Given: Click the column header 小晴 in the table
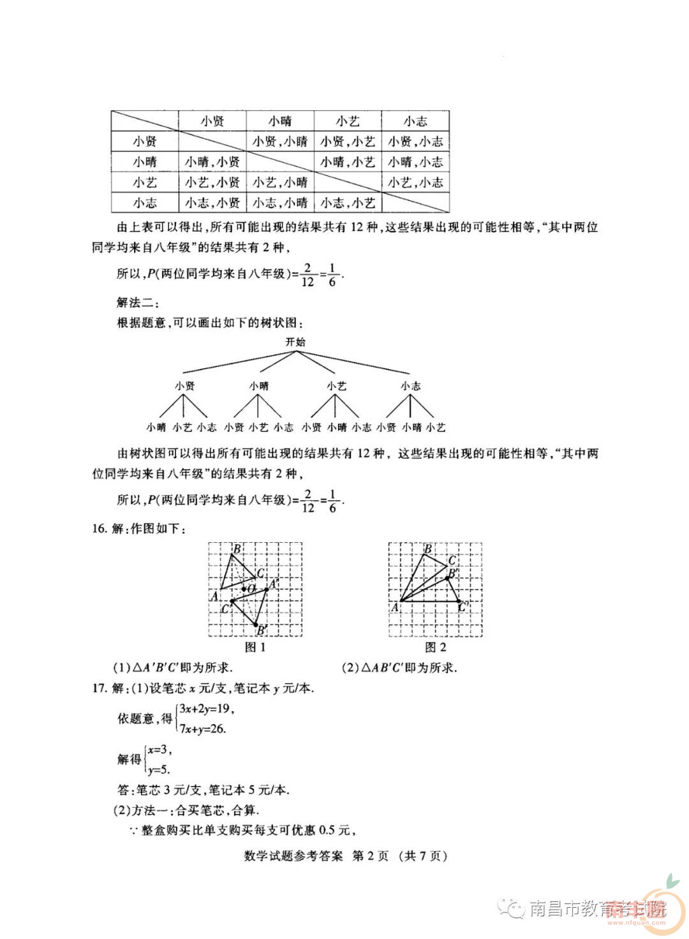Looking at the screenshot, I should pyautogui.click(x=280, y=121).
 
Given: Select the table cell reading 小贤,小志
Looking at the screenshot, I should pyautogui.click(x=415, y=142).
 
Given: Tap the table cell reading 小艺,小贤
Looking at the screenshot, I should pyautogui.click(x=212, y=182).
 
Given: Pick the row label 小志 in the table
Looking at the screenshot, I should pyautogui.click(x=145, y=203).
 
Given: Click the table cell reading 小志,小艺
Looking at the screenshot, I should pyautogui.click(x=348, y=203).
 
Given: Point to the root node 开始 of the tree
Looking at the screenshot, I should pyautogui.click(x=295, y=342).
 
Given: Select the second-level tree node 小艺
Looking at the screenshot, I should pyautogui.click(x=336, y=386).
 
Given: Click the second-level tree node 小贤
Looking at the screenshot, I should pyautogui.click(x=185, y=386).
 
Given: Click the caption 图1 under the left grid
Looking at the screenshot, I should pyautogui.click(x=255, y=647).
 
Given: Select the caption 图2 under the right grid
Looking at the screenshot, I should pyautogui.click(x=436, y=647).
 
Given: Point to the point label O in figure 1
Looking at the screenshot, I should pyautogui.click(x=251, y=588).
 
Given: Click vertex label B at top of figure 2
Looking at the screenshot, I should pyautogui.click(x=428, y=549).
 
